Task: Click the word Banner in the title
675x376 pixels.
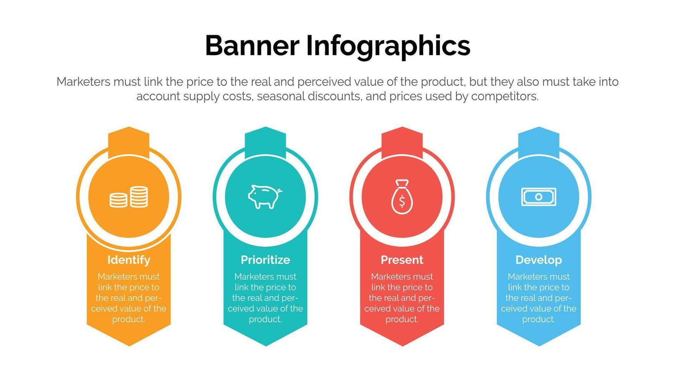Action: [252, 46]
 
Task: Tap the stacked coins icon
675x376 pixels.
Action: [129, 197]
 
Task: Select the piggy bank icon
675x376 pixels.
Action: [265, 196]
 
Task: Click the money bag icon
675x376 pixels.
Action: [402, 197]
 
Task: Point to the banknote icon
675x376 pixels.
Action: [539, 197]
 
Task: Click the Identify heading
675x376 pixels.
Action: [129, 260]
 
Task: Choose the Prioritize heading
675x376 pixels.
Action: [265, 260]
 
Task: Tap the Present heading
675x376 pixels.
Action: [402, 260]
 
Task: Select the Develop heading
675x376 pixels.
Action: [539, 260]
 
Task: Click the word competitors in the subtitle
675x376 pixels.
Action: [505, 96]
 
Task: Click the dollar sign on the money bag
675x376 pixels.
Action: [402, 201]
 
